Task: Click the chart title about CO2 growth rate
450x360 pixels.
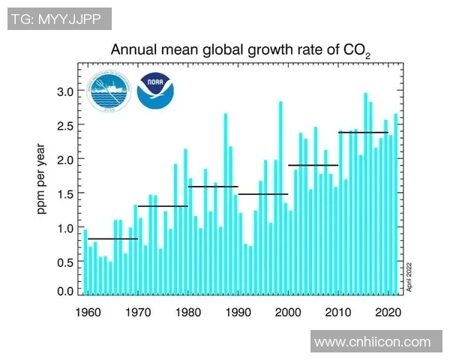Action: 240,51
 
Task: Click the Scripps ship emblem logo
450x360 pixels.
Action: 109,92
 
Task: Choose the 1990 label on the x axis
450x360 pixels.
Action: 238,311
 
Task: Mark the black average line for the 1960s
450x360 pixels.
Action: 112,239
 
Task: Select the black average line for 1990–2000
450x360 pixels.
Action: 262,194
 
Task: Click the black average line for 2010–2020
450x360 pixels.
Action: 364,133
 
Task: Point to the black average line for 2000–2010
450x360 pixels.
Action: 313,165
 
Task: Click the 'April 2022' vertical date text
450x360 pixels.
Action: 409,275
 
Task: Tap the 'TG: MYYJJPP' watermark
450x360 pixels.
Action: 59,19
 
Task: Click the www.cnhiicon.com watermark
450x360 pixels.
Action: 373,342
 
